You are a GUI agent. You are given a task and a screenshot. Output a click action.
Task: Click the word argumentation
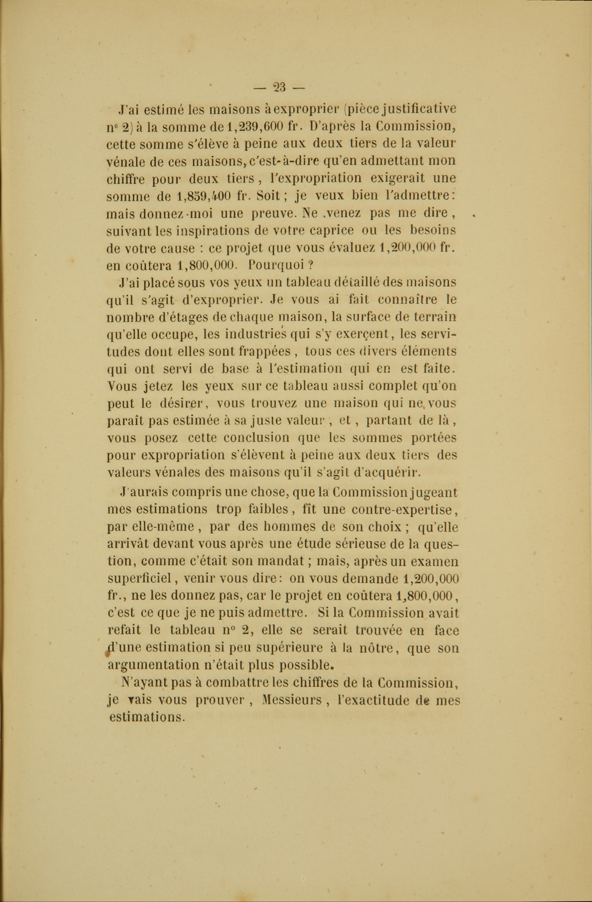pos(153,665)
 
